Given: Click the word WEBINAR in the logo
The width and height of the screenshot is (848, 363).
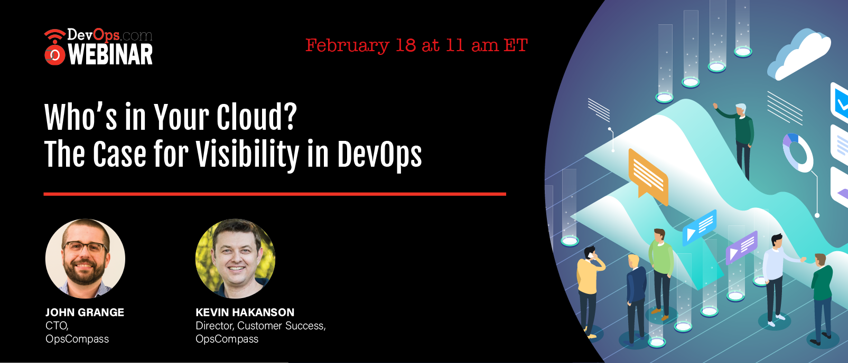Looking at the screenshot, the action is (x=110, y=55).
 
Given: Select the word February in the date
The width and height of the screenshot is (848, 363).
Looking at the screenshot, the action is (x=347, y=46).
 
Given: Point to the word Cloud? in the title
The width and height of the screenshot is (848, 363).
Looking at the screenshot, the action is (x=257, y=117).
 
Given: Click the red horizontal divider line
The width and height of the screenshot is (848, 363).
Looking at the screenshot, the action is (x=275, y=194).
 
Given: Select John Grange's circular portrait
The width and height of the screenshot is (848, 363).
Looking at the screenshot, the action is (x=85, y=259).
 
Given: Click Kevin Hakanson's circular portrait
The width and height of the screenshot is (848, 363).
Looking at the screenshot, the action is (x=235, y=259).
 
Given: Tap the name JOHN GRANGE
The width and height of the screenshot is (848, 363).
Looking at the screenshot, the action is (x=85, y=312).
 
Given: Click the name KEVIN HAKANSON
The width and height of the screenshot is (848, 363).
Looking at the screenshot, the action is (x=245, y=312).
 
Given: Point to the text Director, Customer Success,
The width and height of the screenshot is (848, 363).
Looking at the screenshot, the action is (x=261, y=326).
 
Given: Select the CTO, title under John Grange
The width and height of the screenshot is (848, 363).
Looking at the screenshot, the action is (x=57, y=326).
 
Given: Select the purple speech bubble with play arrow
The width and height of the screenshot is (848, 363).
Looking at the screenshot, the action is (x=742, y=247).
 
